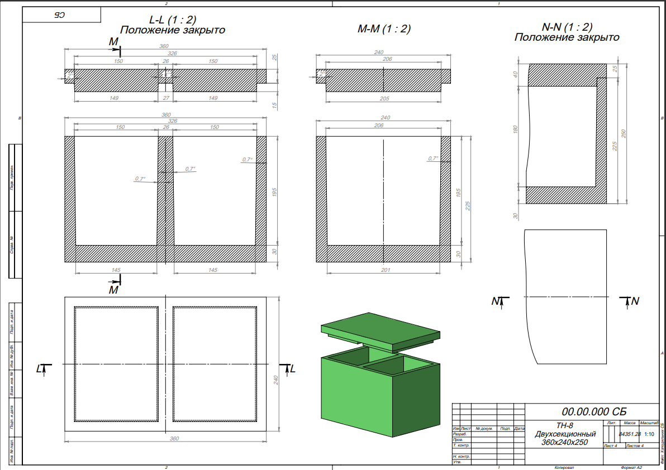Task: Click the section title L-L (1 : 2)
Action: pyautogui.click(x=172, y=20)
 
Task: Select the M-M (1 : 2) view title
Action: pyautogui.click(x=384, y=30)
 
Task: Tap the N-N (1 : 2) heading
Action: pyautogui.click(x=567, y=27)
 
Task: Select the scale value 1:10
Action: pyautogui.click(x=649, y=434)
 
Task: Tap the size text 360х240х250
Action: pyautogui.click(x=564, y=443)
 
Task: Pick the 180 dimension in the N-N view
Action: pyautogui.click(x=516, y=130)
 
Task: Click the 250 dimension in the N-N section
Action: pyautogui.click(x=624, y=134)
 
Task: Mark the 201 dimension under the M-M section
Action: pyautogui.click(x=384, y=271)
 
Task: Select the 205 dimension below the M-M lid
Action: pyautogui.click(x=384, y=99)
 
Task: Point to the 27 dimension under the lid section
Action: pyautogui.click(x=165, y=98)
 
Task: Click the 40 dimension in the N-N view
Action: pyautogui.click(x=516, y=75)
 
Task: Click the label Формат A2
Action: pyautogui.click(x=628, y=467)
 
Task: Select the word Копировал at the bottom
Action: pyautogui.click(x=564, y=467)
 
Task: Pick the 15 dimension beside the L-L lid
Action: pyautogui.click(x=275, y=104)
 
